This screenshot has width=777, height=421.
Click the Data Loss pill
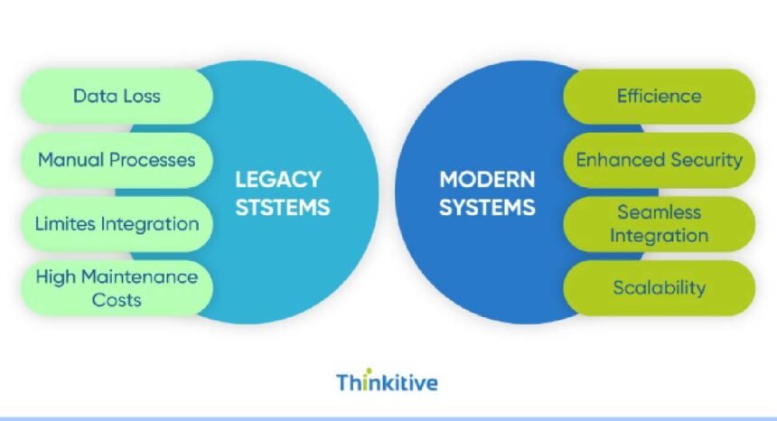(117, 96)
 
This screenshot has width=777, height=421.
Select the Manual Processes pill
(117, 160)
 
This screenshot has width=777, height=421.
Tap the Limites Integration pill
(117, 223)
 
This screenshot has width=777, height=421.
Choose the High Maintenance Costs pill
(117, 287)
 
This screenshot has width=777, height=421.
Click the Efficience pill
(659, 96)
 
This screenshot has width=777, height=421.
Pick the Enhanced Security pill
(659, 160)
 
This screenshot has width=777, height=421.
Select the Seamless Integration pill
(659, 223)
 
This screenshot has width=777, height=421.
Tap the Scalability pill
(659, 287)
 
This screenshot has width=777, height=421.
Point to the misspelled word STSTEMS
(282, 207)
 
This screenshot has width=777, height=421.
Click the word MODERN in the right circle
(487, 179)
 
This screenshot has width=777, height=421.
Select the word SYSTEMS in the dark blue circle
(487, 207)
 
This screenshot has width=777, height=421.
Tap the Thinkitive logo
(387, 381)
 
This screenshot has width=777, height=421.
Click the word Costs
(117, 299)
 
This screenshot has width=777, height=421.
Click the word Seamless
(659, 212)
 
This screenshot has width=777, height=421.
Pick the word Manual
(70, 160)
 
